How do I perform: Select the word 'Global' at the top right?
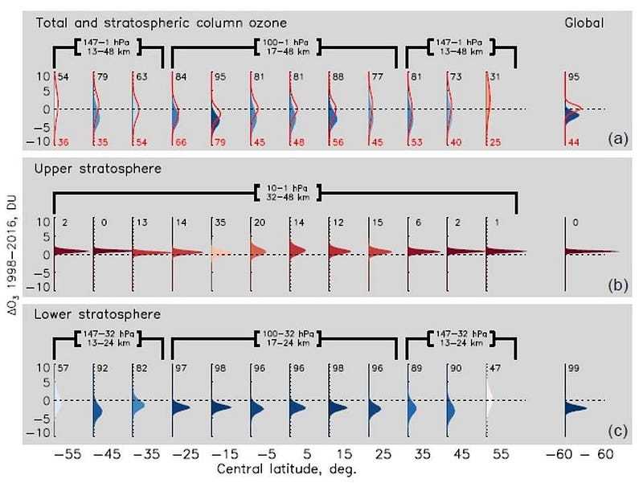click(x=584, y=23)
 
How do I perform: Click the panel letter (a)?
click(x=617, y=138)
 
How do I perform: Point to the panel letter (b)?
click(x=617, y=284)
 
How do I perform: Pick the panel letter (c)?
click(x=617, y=431)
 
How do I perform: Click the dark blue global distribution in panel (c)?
click(x=575, y=407)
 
